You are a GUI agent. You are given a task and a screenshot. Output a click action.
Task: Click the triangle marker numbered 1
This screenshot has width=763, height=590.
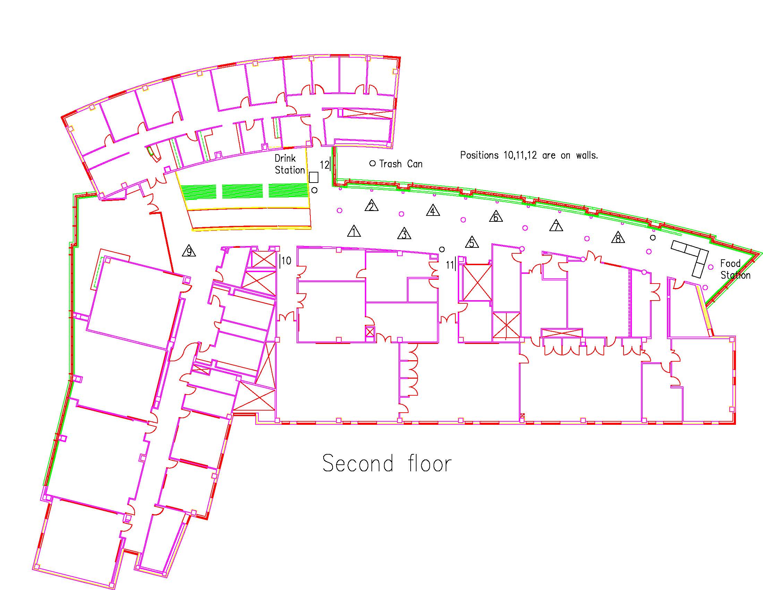click(x=354, y=231)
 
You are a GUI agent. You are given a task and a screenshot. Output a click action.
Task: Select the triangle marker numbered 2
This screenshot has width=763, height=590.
click(x=371, y=206)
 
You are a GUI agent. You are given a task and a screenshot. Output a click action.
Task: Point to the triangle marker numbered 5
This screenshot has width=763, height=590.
click(x=472, y=242)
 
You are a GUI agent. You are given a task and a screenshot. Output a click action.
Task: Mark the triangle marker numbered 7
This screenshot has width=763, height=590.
click(x=556, y=226)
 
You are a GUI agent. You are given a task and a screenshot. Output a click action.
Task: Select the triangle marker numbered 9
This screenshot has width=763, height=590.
click(x=189, y=251)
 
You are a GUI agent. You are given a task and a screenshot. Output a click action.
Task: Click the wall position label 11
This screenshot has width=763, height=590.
click(x=450, y=265)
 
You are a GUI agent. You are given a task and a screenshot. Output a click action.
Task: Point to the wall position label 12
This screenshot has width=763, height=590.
click(x=325, y=165)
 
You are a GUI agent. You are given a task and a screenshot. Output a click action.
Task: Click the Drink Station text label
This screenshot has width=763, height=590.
click(x=290, y=164)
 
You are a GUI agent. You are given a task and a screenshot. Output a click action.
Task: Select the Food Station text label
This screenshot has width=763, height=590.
click(x=735, y=269)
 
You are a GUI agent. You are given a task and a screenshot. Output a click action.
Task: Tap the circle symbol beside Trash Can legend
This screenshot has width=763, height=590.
click(x=372, y=163)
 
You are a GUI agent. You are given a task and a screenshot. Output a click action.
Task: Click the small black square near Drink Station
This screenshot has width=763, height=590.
click(x=314, y=177)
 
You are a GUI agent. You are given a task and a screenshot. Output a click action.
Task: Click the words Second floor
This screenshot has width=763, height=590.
click(x=387, y=463)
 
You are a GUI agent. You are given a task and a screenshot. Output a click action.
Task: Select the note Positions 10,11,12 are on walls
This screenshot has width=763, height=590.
click(x=529, y=155)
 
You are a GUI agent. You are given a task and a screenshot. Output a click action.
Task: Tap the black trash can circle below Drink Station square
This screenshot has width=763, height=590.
click(x=315, y=190)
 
